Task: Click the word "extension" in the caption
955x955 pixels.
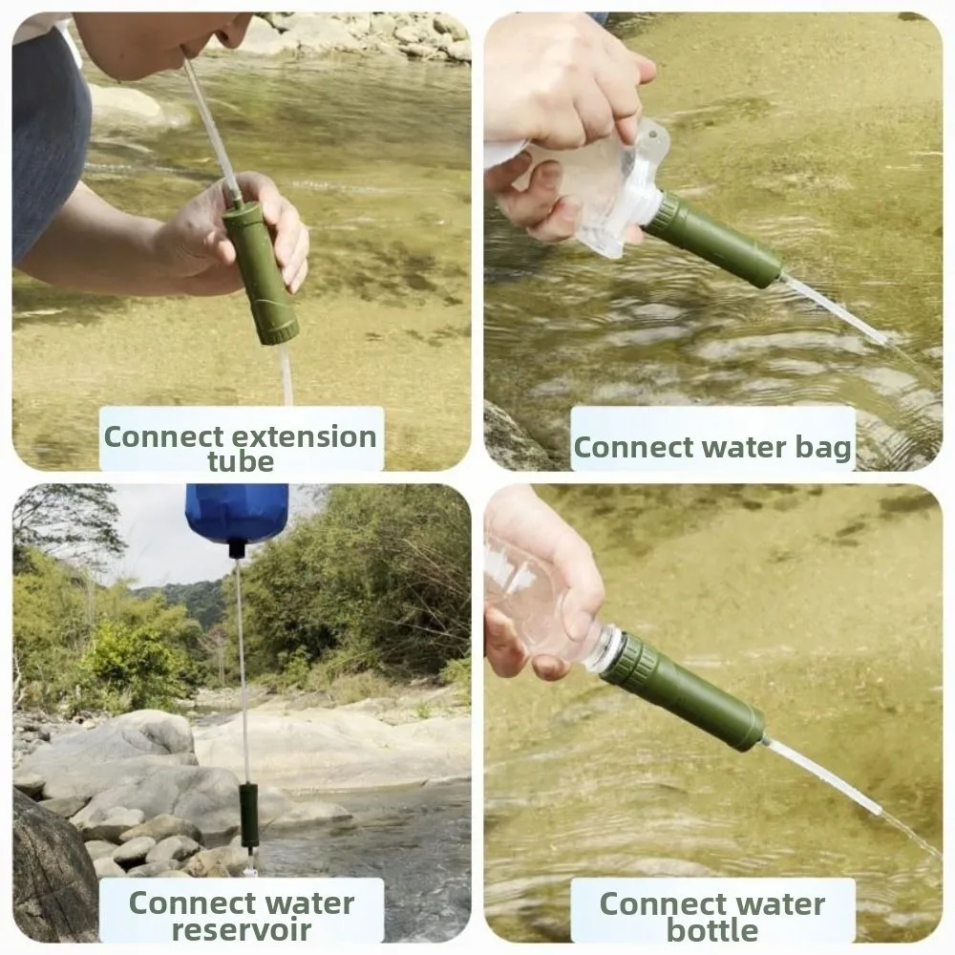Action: [x=305, y=437]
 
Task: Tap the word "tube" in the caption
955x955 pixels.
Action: [x=241, y=461]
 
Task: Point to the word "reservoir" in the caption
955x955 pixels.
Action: [x=242, y=929]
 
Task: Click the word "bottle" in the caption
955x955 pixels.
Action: [x=712, y=929]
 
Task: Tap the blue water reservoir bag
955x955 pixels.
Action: [x=237, y=512]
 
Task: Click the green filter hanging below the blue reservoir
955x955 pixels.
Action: [x=248, y=816]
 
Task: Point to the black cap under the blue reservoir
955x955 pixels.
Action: [x=236, y=550]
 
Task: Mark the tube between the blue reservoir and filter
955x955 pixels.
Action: [x=243, y=670]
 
